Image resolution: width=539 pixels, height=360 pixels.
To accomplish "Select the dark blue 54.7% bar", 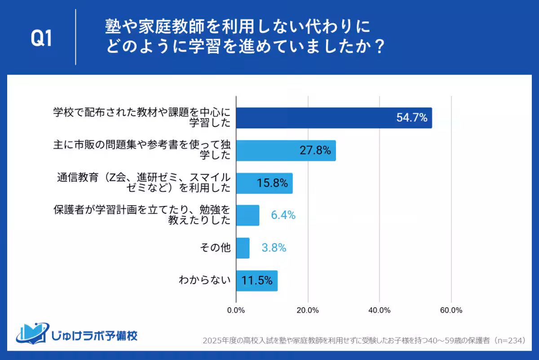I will [x=334, y=118].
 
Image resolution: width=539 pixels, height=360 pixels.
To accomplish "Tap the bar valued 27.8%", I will [x=286, y=151].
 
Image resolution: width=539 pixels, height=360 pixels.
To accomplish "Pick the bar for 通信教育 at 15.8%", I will [x=264, y=183].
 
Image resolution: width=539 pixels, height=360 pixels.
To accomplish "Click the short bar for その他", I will [x=243, y=248].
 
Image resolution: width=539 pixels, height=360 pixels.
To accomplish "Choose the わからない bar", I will [x=256, y=281].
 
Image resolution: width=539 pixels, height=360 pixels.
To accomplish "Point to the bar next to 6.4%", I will [x=247, y=215].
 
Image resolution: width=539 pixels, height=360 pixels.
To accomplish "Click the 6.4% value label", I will [x=283, y=215].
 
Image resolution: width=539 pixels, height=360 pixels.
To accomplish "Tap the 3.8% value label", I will [x=274, y=248].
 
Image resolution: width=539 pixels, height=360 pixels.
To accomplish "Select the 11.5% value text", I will [x=257, y=281].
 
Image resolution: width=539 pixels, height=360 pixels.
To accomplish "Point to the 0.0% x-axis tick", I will [x=236, y=310].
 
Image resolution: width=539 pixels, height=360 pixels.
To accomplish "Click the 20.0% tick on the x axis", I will [x=308, y=310].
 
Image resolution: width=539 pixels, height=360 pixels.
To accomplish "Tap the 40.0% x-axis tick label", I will [x=380, y=310].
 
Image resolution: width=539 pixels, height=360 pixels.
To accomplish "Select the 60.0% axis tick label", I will [x=451, y=310].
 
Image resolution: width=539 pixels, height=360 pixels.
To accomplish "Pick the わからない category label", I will [x=204, y=281].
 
